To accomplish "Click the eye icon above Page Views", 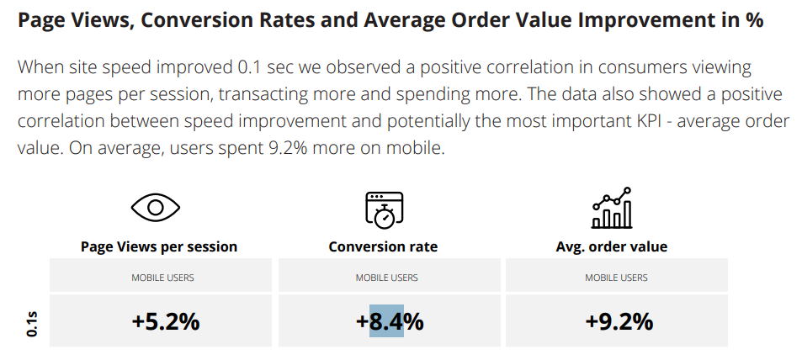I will click(156, 208).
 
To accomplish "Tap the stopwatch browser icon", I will click(384, 209).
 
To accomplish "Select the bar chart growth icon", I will click(612, 209).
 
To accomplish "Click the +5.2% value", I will click(165, 320).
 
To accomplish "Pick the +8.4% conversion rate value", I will click(389, 320).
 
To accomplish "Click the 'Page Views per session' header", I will click(159, 246).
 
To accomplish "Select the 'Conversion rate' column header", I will click(383, 246).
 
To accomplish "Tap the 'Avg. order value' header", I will click(612, 246).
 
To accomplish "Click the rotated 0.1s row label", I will click(30, 323).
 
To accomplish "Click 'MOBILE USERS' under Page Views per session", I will click(162, 278).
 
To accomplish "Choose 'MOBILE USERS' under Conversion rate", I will click(386, 278).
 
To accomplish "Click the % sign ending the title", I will click(754, 21).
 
